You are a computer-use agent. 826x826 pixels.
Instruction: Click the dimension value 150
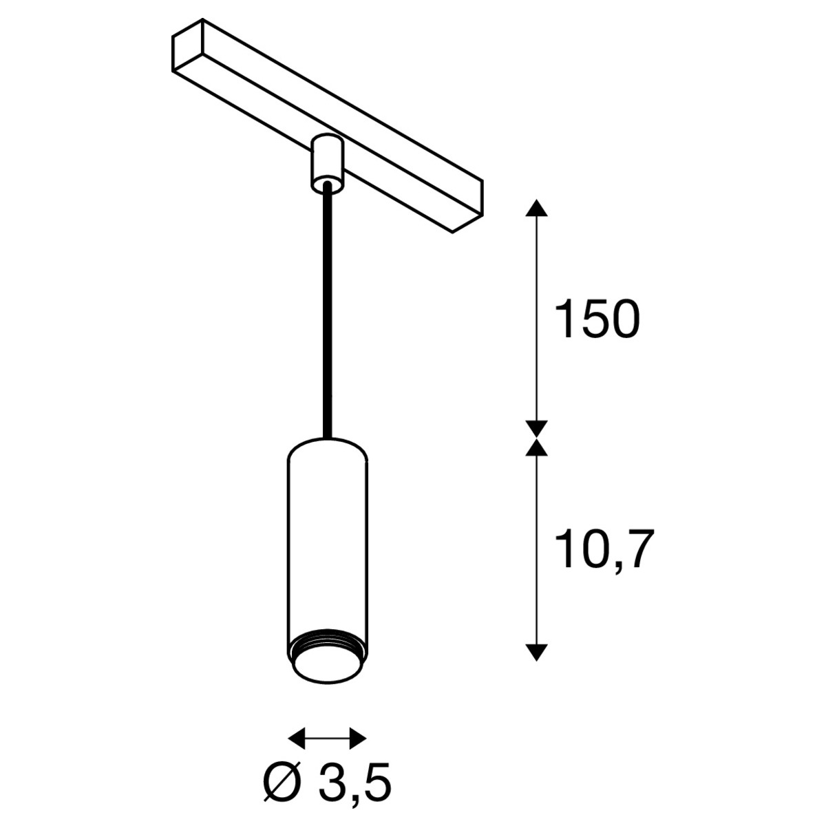[596, 319]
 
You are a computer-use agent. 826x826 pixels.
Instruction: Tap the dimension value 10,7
[604, 550]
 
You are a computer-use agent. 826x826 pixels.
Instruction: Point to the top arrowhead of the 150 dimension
[536, 209]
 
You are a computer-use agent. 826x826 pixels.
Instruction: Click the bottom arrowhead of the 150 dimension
[536, 429]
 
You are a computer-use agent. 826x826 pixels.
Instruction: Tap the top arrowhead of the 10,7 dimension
[536, 446]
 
